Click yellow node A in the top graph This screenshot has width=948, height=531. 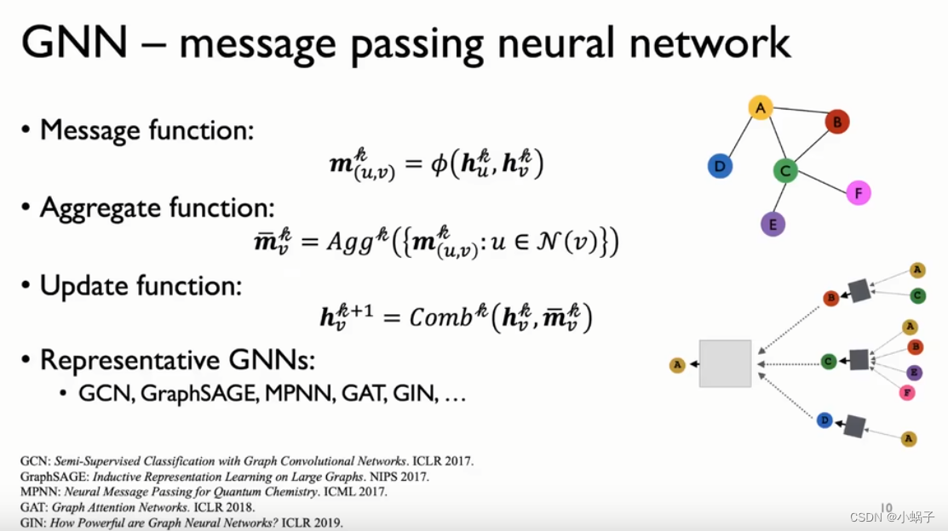pos(760,108)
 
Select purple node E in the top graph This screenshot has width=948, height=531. pos(772,224)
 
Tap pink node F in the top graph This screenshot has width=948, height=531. pos(859,193)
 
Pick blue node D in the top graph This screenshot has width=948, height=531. pos(720,166)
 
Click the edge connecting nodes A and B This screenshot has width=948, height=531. pos(799,115)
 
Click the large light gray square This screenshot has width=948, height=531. pos(725,363)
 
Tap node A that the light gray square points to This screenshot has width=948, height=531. pos(677,365)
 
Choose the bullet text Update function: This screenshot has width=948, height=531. pos(141,286)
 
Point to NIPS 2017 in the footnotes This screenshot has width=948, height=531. pos(399,477)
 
